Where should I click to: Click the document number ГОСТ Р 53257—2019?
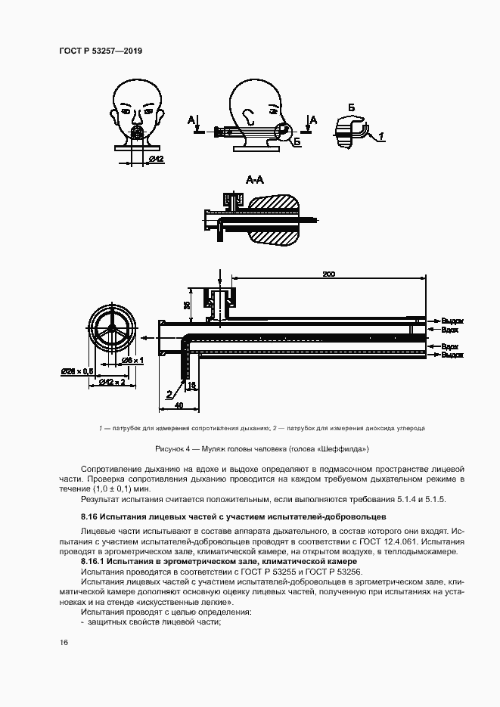100,51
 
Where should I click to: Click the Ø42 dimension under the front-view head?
157,158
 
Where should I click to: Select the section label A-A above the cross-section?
255,179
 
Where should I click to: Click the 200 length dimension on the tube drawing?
328,274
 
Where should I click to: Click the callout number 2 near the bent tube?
168,392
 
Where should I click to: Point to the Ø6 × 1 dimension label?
134,361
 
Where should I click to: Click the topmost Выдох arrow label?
452,321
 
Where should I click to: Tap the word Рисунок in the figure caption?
170,449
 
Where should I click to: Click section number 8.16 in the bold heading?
92,516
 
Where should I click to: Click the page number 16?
64,642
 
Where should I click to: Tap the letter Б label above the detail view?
351,107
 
